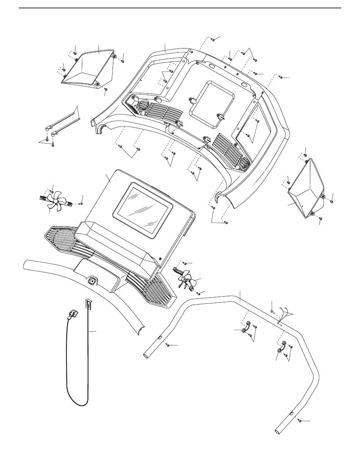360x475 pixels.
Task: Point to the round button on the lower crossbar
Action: click(92, 282)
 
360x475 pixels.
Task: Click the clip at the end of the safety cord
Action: click(73, 314)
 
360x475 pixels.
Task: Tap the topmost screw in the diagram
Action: click(213, 39)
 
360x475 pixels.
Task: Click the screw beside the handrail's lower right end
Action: click(300, 420)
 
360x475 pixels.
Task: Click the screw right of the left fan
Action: click(81, 203)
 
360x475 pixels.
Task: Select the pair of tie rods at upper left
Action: click(64, 121)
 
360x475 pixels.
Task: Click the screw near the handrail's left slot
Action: click(167, 344)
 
